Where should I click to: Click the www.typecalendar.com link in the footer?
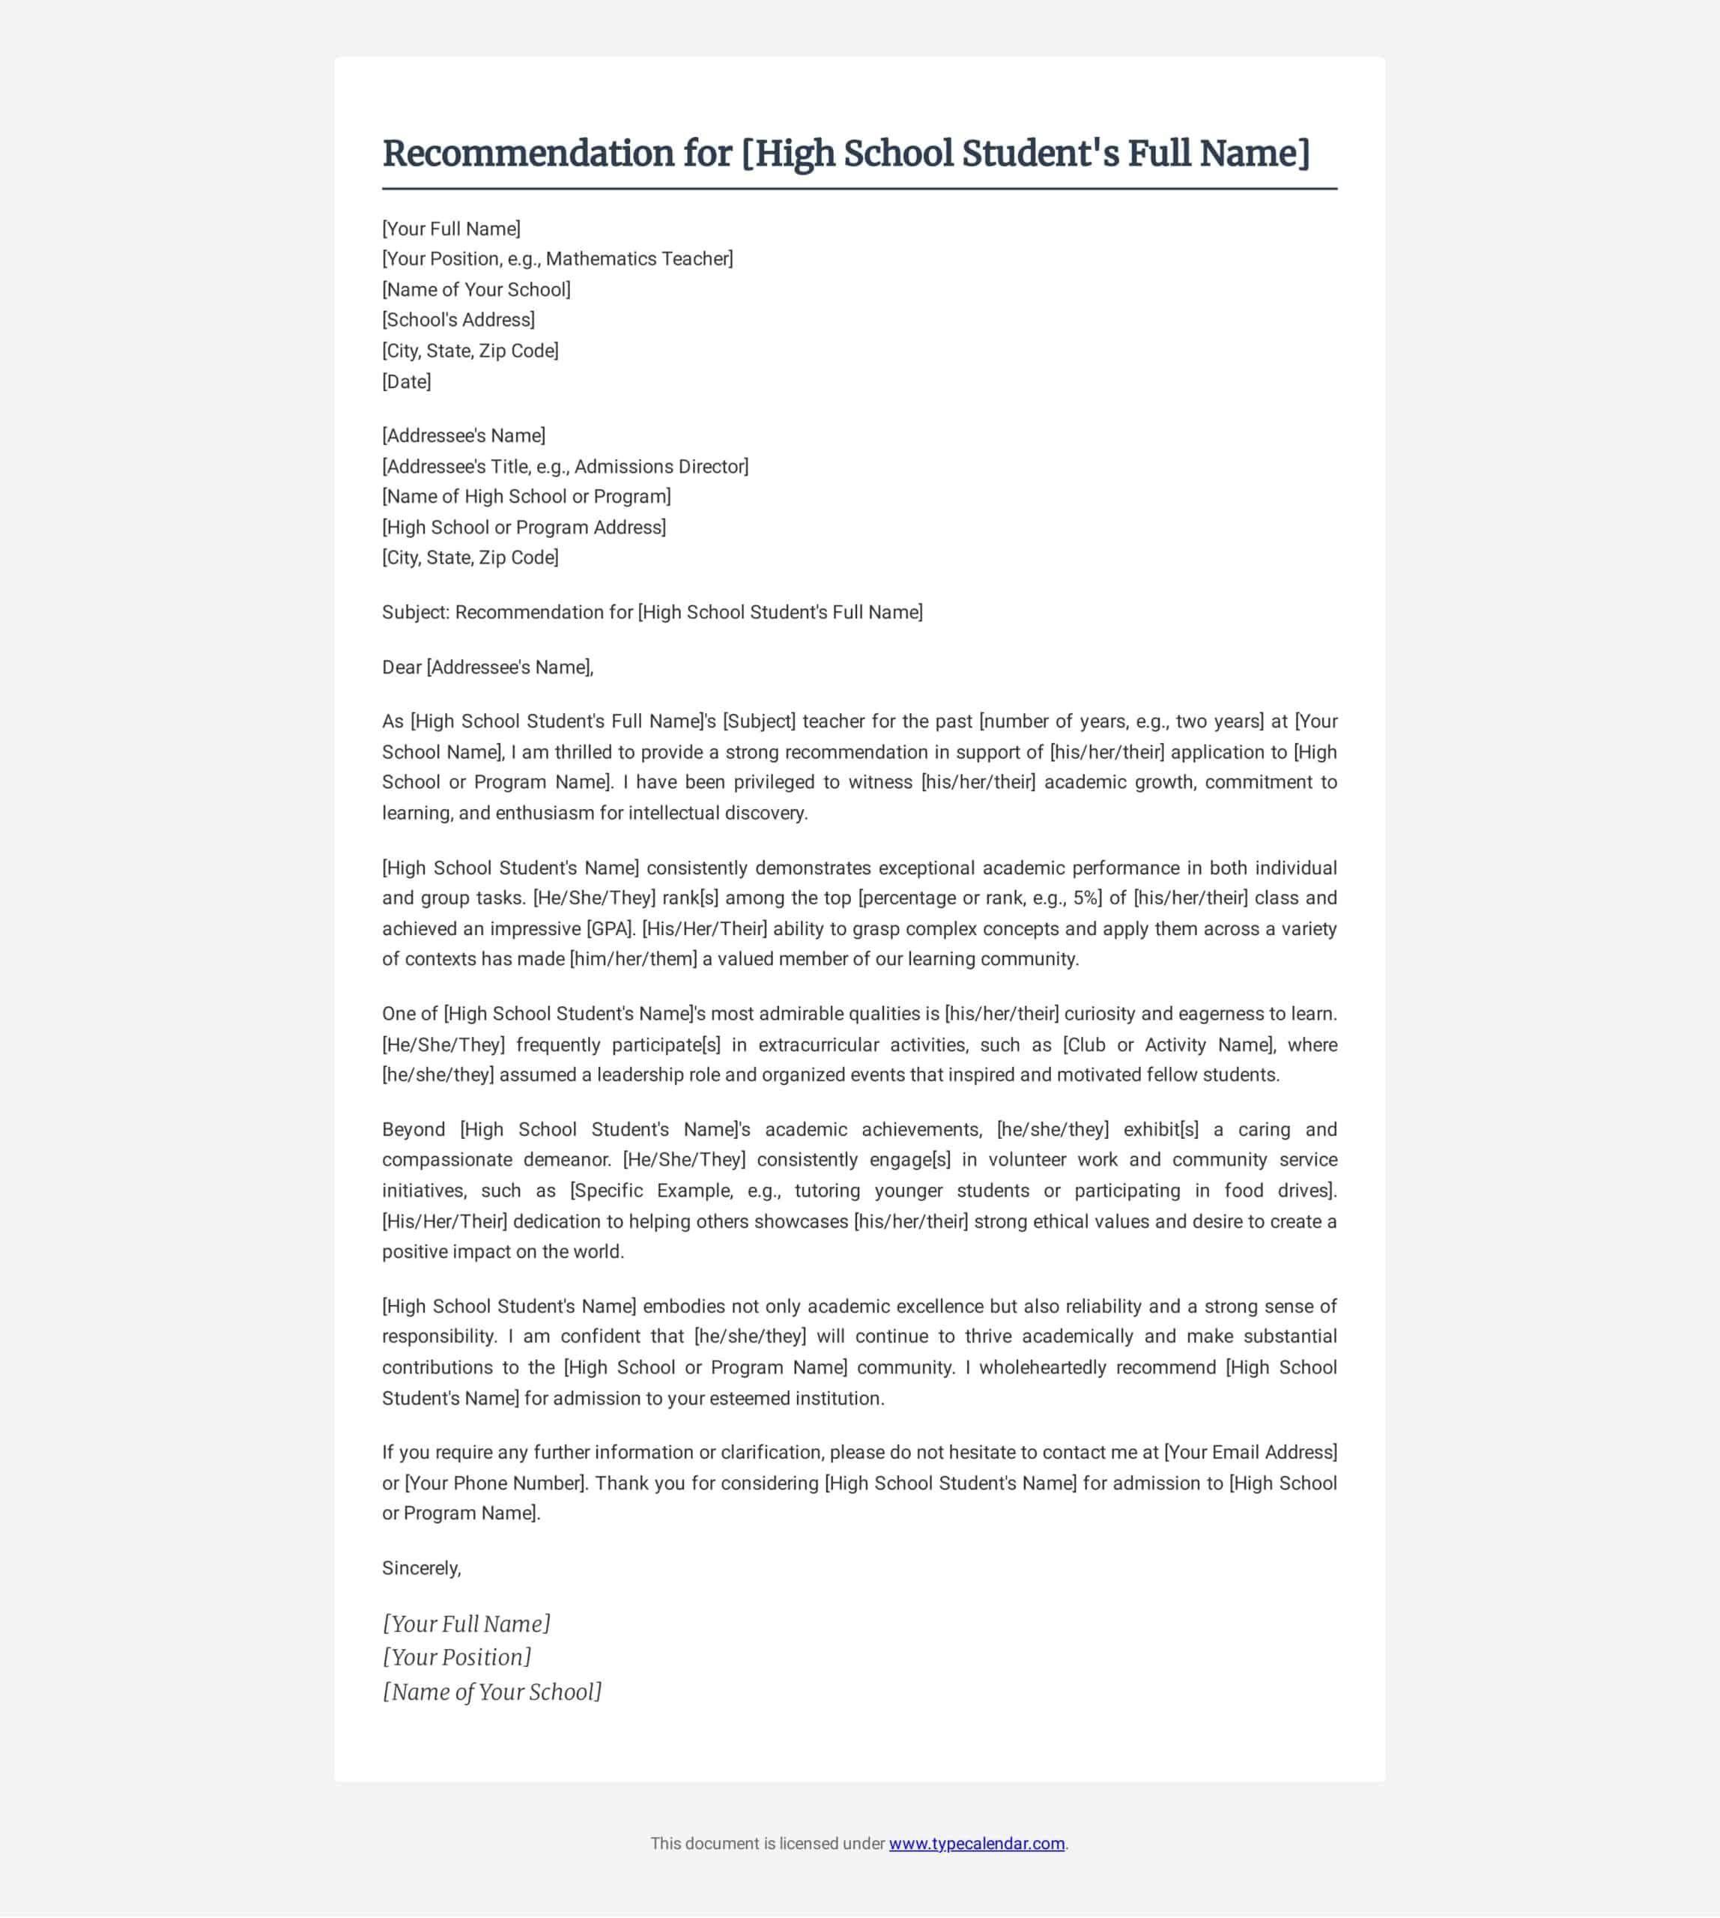coord(976,1843)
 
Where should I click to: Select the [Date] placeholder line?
coord(406,382)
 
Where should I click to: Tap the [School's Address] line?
coord(458,319)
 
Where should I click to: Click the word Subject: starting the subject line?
coord(416,613)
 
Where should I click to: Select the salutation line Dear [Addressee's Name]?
coord(488,668)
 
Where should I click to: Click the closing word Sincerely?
coord(422,1568)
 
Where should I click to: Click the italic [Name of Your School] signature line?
coord(491,1692)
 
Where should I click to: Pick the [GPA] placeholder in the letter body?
coord(611,928)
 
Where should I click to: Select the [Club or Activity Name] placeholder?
coord(1168,1044)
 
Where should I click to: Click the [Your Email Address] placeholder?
coord(1250,1452)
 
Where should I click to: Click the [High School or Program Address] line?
coord(524,527)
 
